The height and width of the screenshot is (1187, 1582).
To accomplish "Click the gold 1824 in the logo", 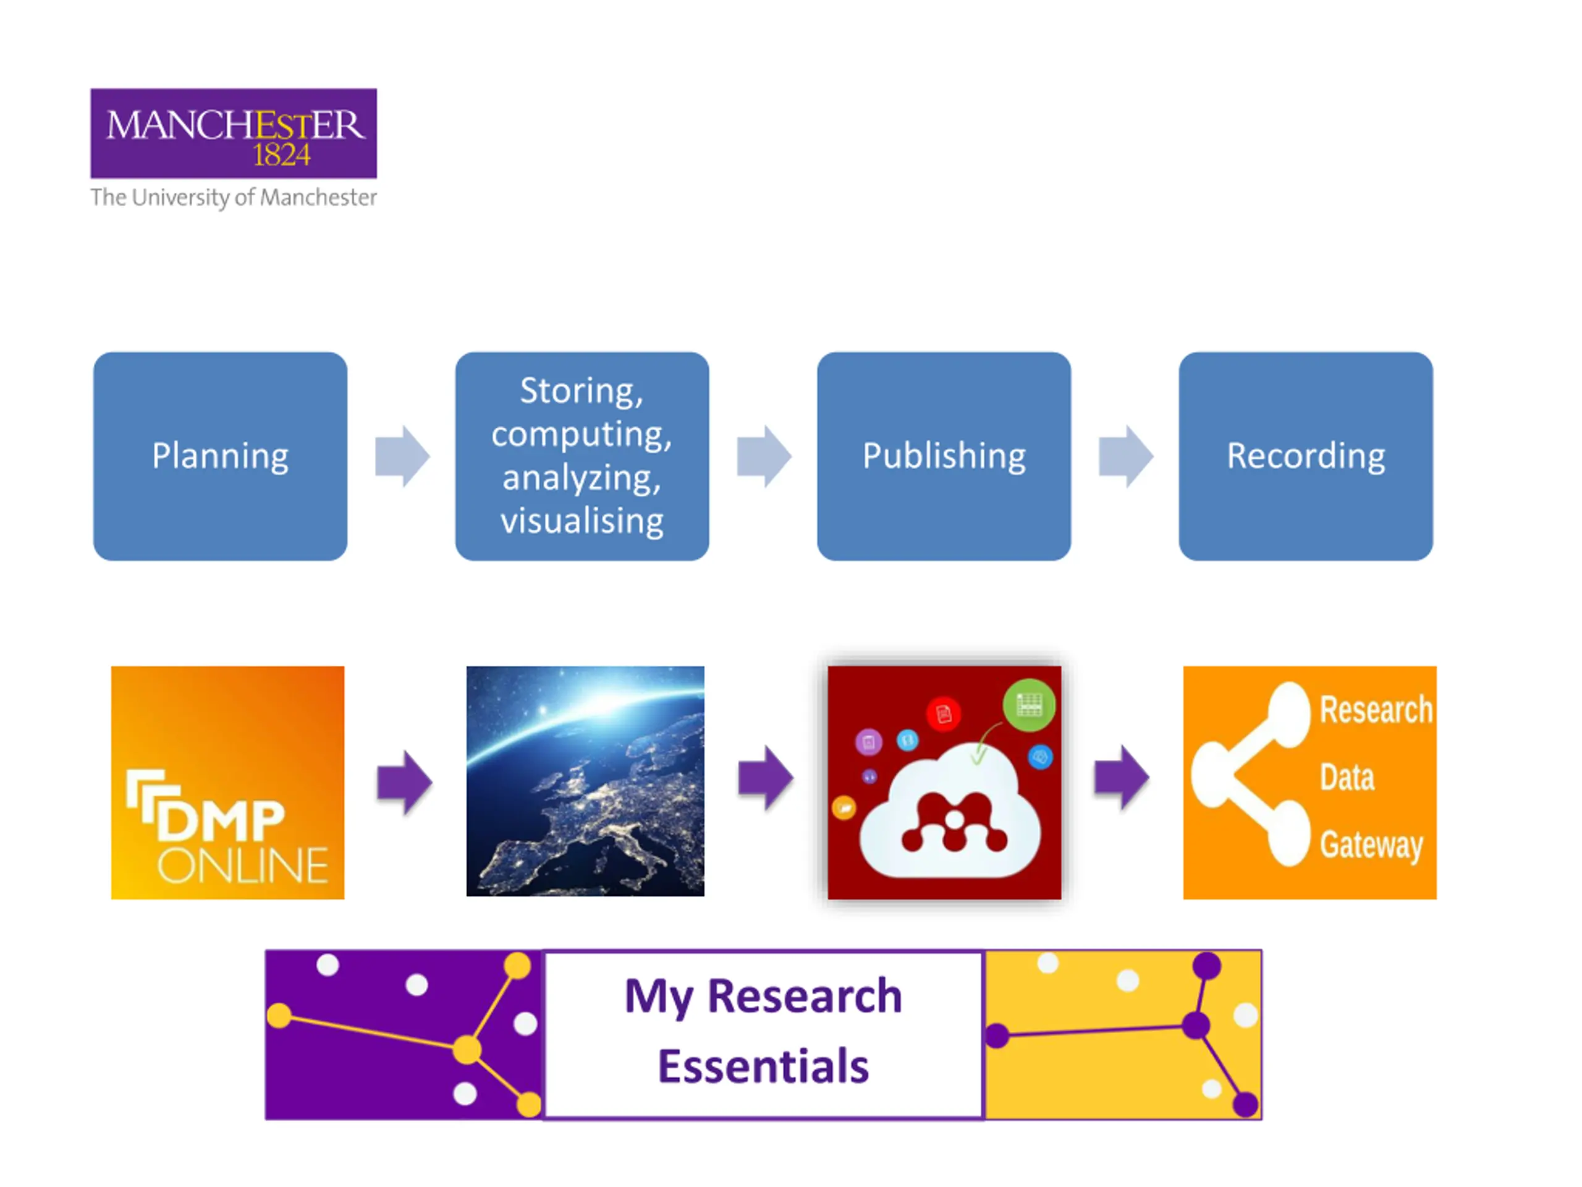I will (281, 155).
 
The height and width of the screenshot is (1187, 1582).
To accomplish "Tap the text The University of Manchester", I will (233, 197).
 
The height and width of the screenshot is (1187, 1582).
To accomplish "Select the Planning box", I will (220, 456).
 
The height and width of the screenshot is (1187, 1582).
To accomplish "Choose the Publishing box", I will (944, 456).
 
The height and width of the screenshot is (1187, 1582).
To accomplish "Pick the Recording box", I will (1305, 456).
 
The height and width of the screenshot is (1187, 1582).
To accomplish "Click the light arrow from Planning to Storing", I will (402, 456).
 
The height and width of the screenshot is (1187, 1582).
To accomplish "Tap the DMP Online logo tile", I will (227, 782).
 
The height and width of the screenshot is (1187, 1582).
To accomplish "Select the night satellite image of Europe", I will (585, 781).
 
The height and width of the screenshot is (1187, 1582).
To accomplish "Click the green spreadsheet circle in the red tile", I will (1028, 705).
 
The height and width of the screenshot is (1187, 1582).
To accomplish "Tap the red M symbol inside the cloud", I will (954, 823).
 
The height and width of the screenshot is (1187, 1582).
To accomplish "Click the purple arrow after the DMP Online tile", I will (404, 782).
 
